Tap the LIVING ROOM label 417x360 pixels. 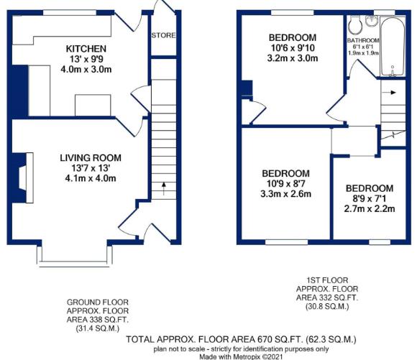tap(90, 158)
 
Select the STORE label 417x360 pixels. tap(162, 34)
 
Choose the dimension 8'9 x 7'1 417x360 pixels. tap(370, 199)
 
